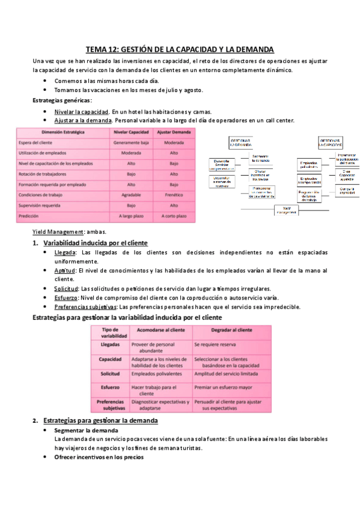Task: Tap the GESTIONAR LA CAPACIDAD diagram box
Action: pos(329,143)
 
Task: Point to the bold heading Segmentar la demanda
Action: pos(86,431)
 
